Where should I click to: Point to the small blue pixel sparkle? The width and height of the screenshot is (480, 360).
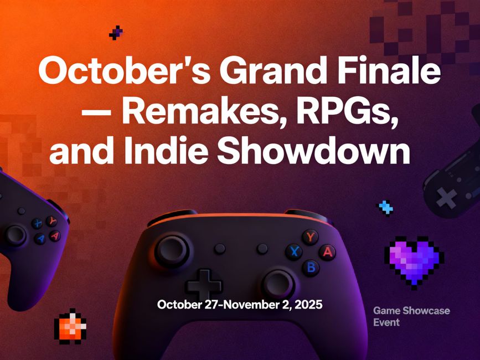point(385,208)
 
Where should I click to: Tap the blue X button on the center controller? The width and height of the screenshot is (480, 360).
point(294,253)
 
